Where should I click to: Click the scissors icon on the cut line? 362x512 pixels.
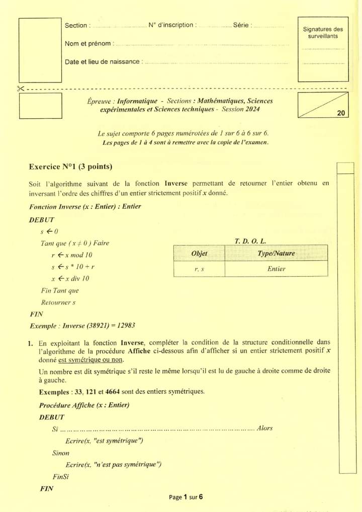click(x=21, y=89)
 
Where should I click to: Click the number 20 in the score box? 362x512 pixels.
click(x=341, y=113)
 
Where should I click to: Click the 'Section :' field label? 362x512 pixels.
click(x=78, y=25)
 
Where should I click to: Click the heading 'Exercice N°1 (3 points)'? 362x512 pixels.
click(x=71, y=167)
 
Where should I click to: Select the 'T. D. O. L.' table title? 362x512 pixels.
click(x=250, y=241)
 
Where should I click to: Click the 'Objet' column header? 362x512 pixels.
click(x=199, y=253)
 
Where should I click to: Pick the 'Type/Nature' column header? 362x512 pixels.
click(x=276, y=253)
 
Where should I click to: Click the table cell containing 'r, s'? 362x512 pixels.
click(x=199, y=269)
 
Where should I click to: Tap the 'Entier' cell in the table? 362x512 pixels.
click(x=276, y=269)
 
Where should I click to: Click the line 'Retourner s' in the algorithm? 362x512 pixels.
click(x=58, y=302)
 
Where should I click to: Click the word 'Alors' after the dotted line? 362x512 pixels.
click(x=264, y=429)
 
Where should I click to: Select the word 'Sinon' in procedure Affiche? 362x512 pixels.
click(x=61, y=453)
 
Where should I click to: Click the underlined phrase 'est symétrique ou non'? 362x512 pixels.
click(x=90, y=360)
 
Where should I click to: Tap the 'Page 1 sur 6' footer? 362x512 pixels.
click(x=186, y=497)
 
